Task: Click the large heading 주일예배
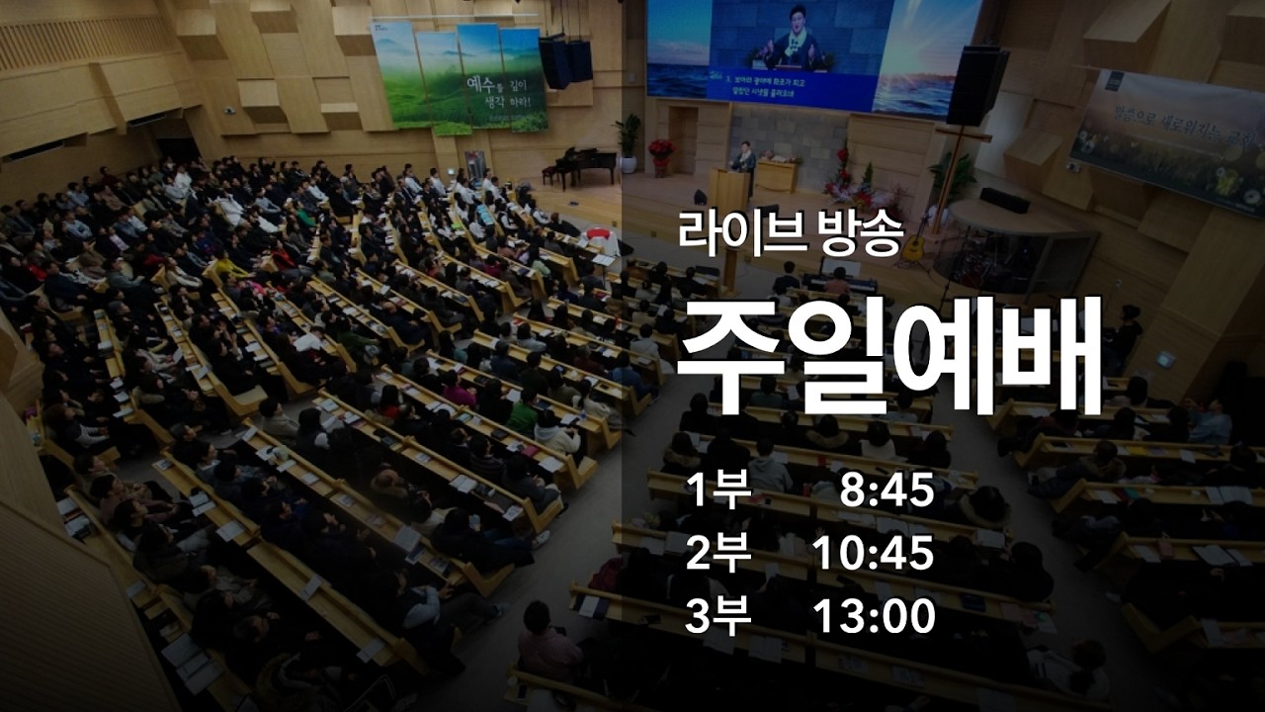[x=889, y=355]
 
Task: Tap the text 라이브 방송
[x=790, y=234]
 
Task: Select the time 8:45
[x=886, y=490]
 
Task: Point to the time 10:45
[x=874, y=554]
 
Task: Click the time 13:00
[x=874, y=617]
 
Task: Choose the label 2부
[x=718, y=554]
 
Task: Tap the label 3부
[x=718, y=617]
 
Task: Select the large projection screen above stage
[x=812, y=54]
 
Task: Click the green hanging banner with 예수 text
[x=460, y=77]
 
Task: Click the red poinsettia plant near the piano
[x=660, y=154]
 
